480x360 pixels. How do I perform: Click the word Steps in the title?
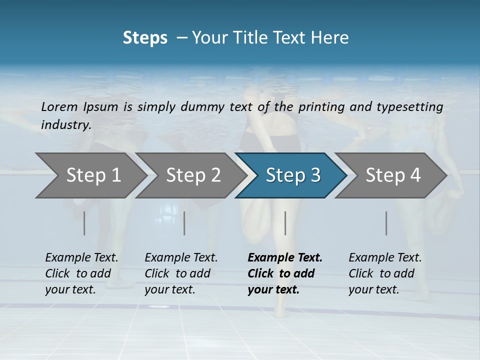[x=145, y=37]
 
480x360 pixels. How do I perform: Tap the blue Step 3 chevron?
[x=293, y=175]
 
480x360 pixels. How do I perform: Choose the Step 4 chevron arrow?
[x=393, y=175]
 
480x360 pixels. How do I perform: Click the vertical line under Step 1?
[x=84, y=223]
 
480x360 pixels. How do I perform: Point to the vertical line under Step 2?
[x=184, y=223]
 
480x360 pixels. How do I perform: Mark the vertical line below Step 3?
[x=285, y=223]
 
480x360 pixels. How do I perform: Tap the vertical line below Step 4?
[x=386, y=223]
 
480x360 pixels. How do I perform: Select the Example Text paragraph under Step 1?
[x=81, y=273]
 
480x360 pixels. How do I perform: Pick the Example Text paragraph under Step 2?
[x=181, y=273]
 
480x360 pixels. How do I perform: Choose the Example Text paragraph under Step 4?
[x=385, y=273]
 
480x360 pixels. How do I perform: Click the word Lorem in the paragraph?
[x=59, y=106]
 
